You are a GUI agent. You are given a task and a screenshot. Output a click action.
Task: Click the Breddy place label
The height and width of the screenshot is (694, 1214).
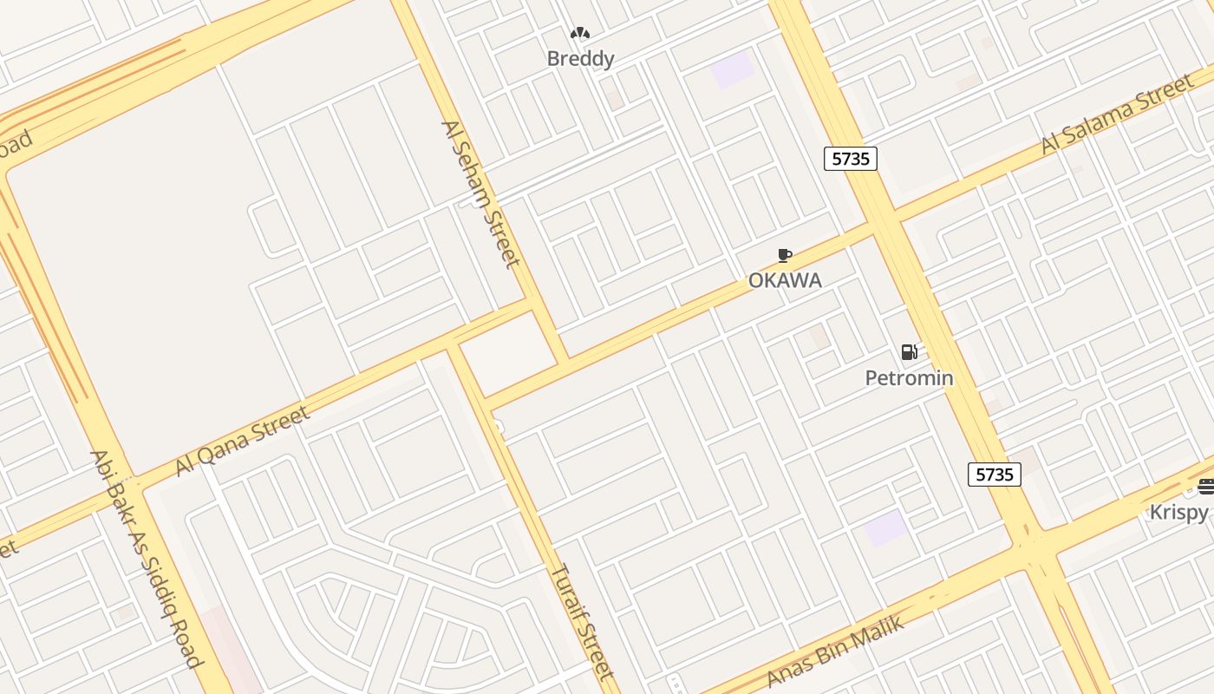[x=580, y=59]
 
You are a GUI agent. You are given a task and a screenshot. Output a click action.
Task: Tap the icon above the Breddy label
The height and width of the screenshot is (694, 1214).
[x=580, y=34]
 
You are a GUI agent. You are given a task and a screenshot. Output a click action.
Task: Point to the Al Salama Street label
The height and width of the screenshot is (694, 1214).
[x=1117, y=115]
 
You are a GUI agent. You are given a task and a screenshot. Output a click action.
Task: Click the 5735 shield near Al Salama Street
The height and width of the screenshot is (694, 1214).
[x=850, y=158]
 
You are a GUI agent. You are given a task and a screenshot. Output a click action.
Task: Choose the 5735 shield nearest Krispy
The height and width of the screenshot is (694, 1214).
[x=994, y=475]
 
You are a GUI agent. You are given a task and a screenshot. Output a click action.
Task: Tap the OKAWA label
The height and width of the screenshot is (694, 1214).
[x=785, y=280]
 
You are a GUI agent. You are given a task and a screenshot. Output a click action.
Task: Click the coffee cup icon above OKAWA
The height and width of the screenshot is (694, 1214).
[x=784, y=255]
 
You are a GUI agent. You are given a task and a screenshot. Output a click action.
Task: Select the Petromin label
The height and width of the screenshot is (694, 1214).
[x=909, y=377]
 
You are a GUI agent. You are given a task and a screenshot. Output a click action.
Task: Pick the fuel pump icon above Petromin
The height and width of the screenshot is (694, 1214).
[x=909, y=352]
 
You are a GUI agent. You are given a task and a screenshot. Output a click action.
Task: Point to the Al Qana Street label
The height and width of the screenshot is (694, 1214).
[x=242, y=441]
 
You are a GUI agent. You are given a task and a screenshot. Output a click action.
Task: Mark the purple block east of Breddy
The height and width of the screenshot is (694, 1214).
[x=733, y=69]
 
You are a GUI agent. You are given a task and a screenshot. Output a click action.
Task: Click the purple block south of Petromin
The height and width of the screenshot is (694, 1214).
[x=886, y=527]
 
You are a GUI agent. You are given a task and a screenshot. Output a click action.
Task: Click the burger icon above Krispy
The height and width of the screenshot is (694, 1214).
[x=1205, y=487]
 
